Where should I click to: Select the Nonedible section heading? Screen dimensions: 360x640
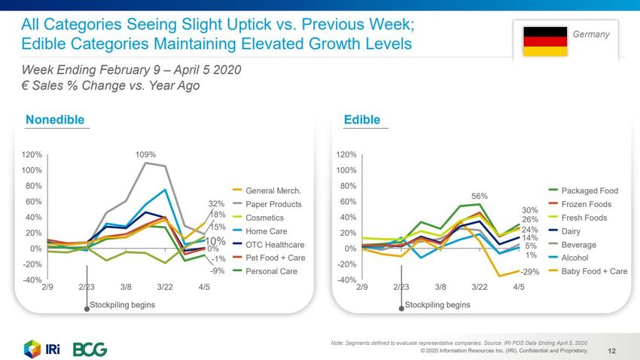pyautogui.click(x=54, y=120)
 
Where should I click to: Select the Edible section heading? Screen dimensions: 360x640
pyautogui.click(x=361, y=120)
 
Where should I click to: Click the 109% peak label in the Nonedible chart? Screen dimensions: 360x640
pyautogui.click(x=146, y=154)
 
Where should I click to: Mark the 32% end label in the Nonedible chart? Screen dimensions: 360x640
pyautogui.click(x=217, y=203)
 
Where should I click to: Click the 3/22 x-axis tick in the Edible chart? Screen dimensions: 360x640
pyautogui.click(x=480, y=287)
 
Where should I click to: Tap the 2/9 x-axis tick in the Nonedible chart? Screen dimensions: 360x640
pyautogui.click(x=47, y=287)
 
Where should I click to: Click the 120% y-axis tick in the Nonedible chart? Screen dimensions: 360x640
pyautogui.click(x=32, y=154)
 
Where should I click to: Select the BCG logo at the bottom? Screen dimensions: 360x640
pyautogui.click(x=90, y=349)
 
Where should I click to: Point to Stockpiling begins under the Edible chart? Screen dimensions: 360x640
pyautogui.click(x=437, y=305)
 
